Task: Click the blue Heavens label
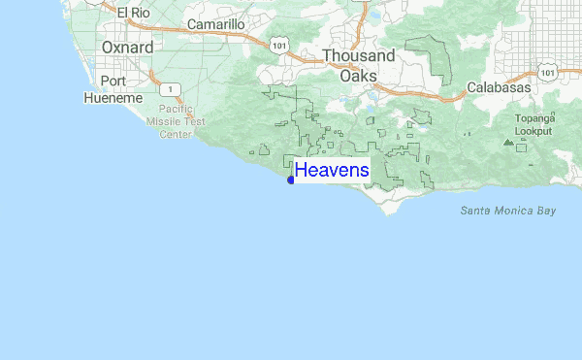tap(332, 171)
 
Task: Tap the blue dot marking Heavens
tap(291, 180)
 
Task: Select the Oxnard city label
tap(127, 47)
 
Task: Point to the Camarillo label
tap(215, 23)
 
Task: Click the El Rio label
tap(135, 13)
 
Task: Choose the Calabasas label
tap(499, 87)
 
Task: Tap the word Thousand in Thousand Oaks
tap(358, 56)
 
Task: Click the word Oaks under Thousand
tap(358, 75)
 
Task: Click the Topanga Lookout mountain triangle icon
tap(507, 142)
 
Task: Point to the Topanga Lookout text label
tap(533, 124)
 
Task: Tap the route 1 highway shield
tap(169, 88)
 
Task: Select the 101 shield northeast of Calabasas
tap(548, 71)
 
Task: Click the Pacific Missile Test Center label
tap(176, 123)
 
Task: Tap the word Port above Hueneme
tap(113, 82)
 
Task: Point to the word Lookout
tap(533, 130)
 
